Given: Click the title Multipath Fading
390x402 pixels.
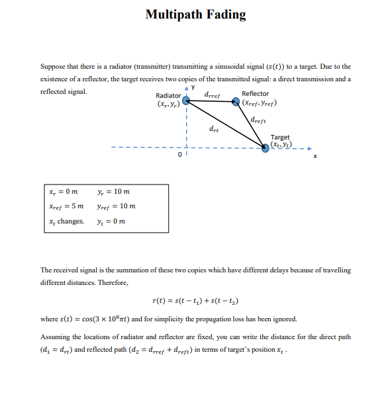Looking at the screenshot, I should coord(195,14).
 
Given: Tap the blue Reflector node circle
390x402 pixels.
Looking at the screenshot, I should coord(236,102).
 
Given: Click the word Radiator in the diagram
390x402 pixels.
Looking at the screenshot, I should coord(168,96).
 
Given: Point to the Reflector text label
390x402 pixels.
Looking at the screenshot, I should coord(256,94).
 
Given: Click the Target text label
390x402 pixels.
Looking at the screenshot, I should coord(280,138).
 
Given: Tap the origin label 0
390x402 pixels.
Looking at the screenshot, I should coord(179,155).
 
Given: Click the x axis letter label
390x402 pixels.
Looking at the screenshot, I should coord(315,156).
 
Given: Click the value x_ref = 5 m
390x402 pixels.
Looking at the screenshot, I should coord(66,206).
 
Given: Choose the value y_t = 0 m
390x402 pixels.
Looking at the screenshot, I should coord(111,221).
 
